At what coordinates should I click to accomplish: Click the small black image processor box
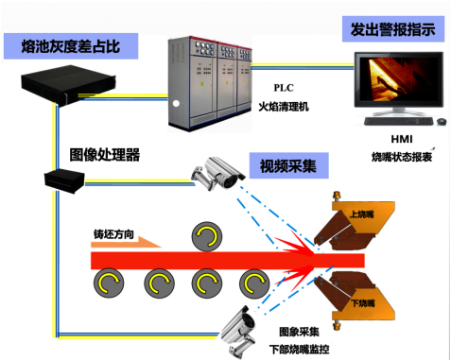[60, 175]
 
